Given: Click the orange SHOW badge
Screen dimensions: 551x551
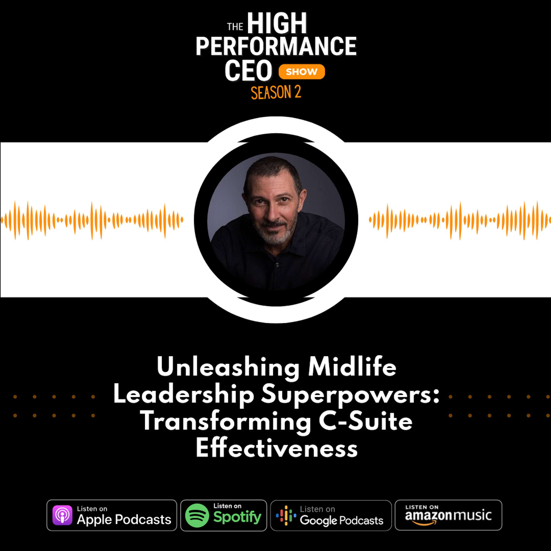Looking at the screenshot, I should (x=301, y=72).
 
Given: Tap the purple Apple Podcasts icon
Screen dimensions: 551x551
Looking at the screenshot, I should (x=62, y=515).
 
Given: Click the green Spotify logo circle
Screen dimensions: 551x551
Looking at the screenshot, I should (x=197, y=515).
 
